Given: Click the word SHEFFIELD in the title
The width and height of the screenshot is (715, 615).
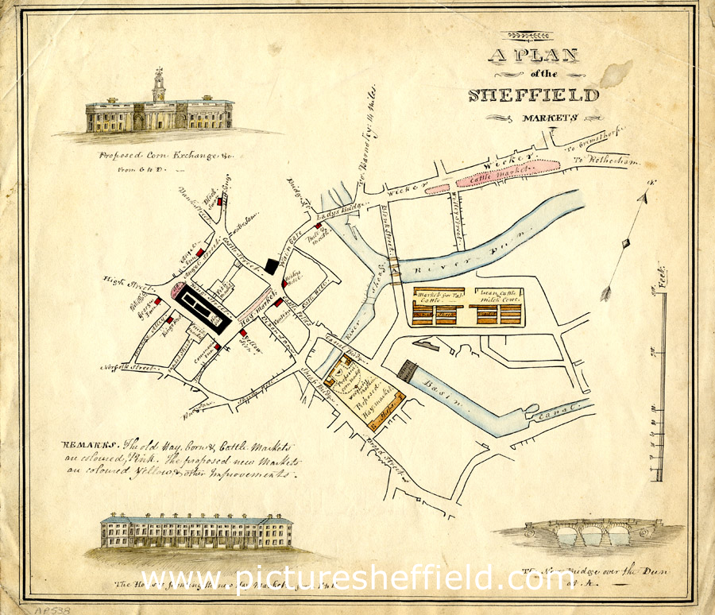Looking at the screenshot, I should click(x=534, y=95).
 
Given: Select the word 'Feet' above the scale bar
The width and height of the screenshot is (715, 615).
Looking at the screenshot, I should click(x=662, y=278).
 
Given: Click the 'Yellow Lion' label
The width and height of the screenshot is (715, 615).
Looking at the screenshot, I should click(x=251, y=342).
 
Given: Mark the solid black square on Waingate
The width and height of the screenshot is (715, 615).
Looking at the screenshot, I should click(x=272, y=266).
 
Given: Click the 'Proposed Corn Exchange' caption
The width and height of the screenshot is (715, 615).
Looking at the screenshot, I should click(x=159, y=157).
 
